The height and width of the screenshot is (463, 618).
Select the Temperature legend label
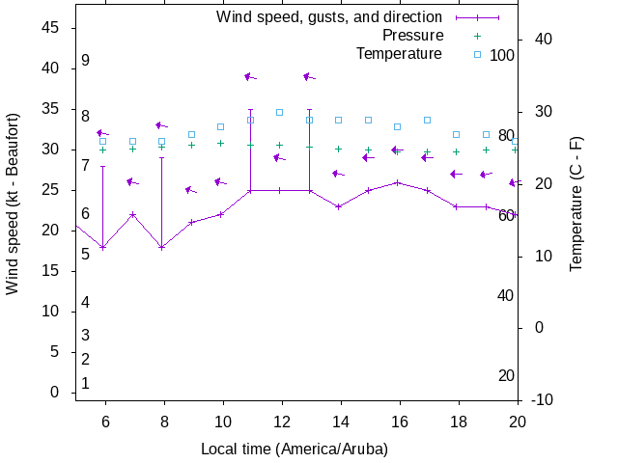pyautogui.click(x=399, y=53)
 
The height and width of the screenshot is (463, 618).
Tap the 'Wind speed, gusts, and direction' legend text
pyautogui.click(x=328, y=17)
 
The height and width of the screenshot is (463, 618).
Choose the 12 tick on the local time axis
pyautogui.click(x=280, y=422)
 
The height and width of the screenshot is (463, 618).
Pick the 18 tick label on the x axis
pyautogui.click(x=457, y=422)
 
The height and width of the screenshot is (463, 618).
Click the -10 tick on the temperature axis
pyautogui.click(x=542, y=399)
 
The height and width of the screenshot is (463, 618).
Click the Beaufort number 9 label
pyautogui.click(x=85, y=61)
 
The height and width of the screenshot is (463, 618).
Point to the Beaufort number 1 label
pyautogui.click(x=85, y=383)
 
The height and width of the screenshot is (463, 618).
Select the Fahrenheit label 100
pyautogui.click(x=502, y=55)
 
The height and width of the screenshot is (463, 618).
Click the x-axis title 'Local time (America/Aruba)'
pyautogui.click(x=294, y=449)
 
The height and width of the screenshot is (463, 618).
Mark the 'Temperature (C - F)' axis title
pyautogui.click(x=576, y=203)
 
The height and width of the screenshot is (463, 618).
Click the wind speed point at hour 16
pyautogui.click(x=398, y=182)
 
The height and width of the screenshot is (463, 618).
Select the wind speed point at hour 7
pyautogui.click(x=132, y=214)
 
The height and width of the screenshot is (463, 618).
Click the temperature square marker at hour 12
pyautogui.click(x=280, y=112)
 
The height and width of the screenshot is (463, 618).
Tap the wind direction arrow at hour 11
pyautogui.click(x=250, y=76)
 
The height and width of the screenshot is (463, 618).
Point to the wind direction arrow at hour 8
pyautogui.click(x=161, y=125)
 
